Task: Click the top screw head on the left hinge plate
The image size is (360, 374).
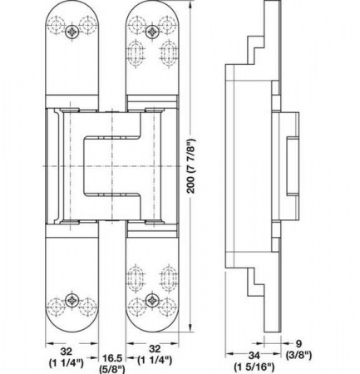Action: click(x=72, y=32)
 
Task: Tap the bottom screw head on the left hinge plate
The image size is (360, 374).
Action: click(x=72, y=300)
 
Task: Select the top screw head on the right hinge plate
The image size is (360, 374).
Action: click(x=152, y=32)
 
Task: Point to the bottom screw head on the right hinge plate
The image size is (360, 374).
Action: click(x=152, y=300)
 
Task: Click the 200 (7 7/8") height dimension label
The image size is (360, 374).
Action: click(x=191, y=166)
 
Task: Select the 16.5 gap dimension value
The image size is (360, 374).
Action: click(x=112, y=358)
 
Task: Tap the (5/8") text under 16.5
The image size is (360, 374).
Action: click(x=112, y=369)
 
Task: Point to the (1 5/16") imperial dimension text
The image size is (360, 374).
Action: click(x=254, y=367)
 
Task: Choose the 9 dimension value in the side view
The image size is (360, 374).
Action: click(x=298, y=344)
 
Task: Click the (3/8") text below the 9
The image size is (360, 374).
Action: click(x=298, y=355)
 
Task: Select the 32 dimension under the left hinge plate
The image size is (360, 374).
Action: click(x=67, y=352)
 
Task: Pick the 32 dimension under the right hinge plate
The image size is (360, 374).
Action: click(x=155, y=348)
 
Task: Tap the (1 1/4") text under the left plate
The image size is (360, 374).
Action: click(x=67, y=362)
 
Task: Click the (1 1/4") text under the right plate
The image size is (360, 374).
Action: click(x=155, y=360)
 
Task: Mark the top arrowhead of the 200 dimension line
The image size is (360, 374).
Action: click(x=190, y=5)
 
